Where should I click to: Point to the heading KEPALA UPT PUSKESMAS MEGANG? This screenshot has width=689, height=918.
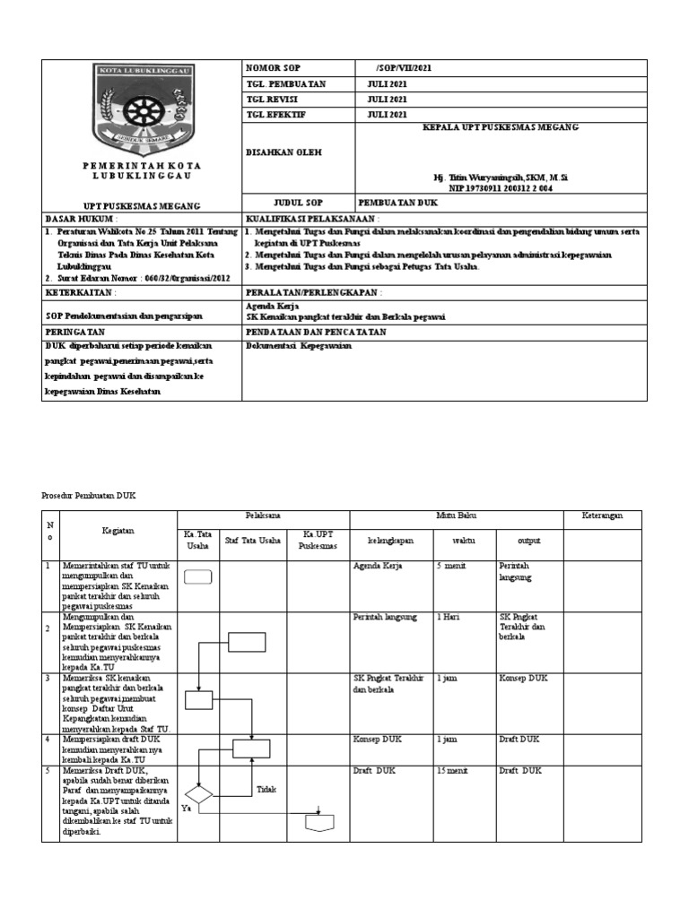501,128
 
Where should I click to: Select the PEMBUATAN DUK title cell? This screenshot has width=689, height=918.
399,204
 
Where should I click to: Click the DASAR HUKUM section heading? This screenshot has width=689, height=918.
82,219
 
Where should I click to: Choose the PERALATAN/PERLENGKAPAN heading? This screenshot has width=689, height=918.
314,292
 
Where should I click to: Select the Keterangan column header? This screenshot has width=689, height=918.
602,515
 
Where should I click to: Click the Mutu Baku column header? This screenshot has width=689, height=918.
456,515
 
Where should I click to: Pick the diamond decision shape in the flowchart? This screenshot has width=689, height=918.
197,794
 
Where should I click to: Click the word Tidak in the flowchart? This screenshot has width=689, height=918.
266,790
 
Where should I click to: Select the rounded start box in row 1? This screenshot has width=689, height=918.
198,577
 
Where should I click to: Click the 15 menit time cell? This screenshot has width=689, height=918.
451,771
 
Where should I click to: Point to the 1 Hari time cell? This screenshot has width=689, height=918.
449,618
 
